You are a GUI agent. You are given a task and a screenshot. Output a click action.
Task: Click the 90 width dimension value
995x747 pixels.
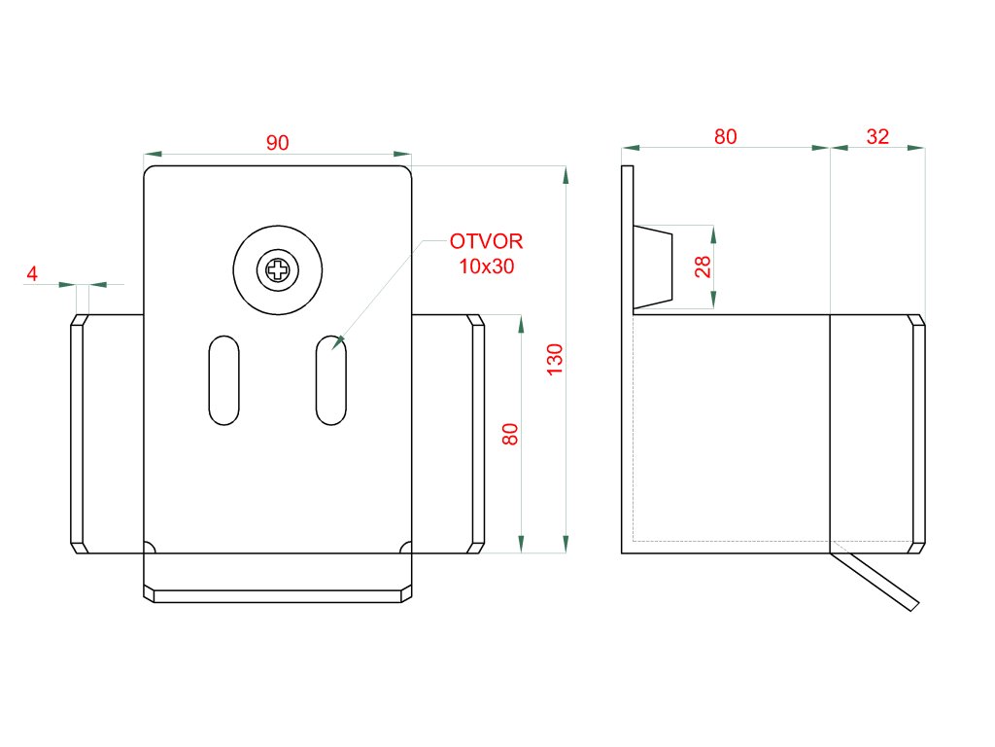click(277, 143)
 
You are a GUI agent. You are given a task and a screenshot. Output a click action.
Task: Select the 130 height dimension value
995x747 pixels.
click(555, 360)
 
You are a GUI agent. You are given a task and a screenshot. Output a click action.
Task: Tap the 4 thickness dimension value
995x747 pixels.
click(32, 274)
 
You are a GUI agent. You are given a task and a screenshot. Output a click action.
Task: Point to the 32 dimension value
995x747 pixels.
click(877, 137)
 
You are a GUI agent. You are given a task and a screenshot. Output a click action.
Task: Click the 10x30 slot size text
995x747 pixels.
click(486, 266)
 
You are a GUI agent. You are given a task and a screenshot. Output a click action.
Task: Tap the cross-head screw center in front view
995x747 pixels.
click(278, 270)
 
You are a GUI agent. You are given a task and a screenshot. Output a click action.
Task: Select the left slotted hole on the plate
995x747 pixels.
click(224, 379)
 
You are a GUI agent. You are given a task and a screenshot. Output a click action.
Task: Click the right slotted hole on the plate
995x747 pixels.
click(331, 379)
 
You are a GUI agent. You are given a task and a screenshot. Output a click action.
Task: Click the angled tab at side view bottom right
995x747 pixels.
click(876, 581)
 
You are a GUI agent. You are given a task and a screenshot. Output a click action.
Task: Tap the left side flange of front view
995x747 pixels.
click(77, 434)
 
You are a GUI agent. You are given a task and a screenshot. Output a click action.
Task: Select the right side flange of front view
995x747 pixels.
click(477, 434)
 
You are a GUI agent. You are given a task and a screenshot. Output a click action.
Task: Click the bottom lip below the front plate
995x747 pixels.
click(278, 594)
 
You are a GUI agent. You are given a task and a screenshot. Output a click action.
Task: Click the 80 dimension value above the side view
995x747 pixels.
click(726, 137)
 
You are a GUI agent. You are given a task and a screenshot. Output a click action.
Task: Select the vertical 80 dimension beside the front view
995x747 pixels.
click(510, 434)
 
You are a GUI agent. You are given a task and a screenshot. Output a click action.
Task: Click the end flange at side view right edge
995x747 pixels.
click(917, 434)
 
